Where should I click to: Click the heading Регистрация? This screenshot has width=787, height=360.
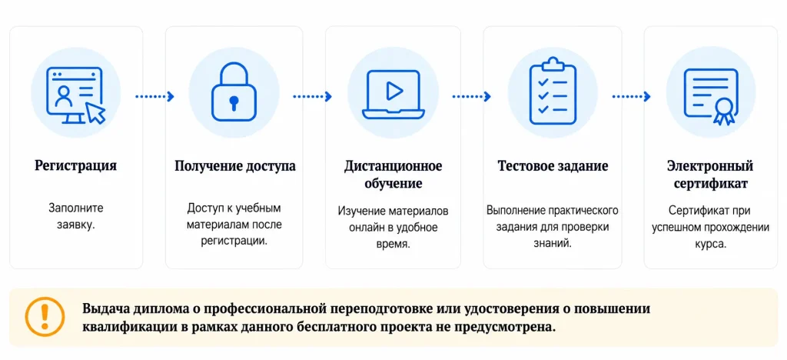[76, 166]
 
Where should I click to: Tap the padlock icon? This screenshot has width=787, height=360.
[234, 95]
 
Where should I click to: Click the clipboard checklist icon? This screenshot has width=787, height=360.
[552, 91]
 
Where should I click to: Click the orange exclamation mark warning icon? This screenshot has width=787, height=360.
[45, 317]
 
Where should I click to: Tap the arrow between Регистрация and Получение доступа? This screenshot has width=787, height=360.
[154, 96]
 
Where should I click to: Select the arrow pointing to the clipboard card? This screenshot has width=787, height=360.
[471, 96]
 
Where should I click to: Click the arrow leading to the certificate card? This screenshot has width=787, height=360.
[632, 96]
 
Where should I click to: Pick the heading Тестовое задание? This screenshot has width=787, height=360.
[553, 166]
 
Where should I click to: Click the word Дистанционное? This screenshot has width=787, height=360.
[393, 166]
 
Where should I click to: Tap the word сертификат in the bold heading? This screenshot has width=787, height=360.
[710, 184]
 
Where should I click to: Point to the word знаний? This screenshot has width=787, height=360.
[553, 244]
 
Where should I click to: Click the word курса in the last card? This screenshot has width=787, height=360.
[710, 245]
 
